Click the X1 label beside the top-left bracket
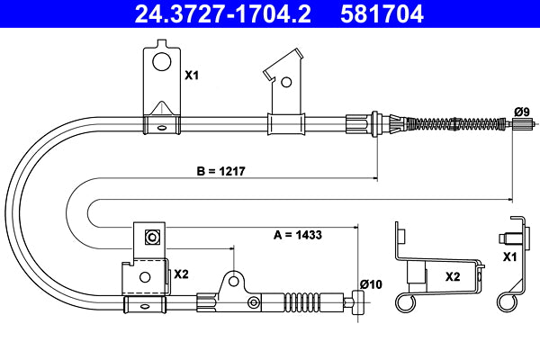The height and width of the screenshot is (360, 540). point(191,76)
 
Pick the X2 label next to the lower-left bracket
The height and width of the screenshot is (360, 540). point(180,274)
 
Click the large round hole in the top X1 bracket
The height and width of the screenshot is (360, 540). point(161,62)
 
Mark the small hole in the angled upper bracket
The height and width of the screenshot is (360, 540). point(286,81)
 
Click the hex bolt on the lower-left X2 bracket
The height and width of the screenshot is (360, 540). point(152,238)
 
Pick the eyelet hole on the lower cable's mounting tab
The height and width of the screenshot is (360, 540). point(235,278)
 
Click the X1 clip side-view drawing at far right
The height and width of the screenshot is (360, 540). point(514,261)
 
